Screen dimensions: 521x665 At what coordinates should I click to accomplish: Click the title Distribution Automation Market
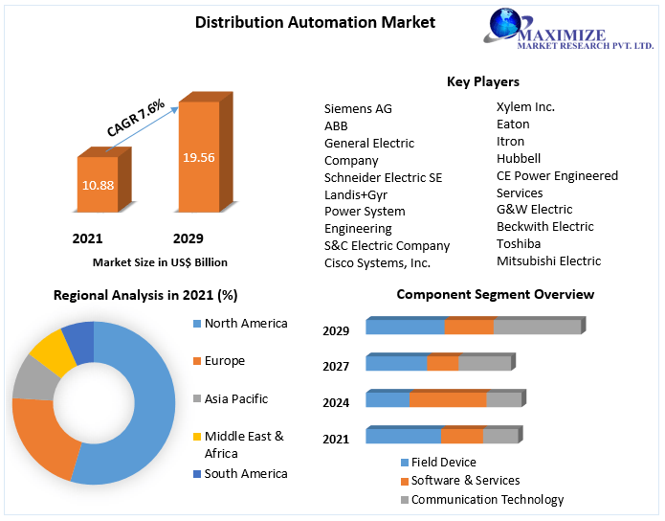click(301, 21)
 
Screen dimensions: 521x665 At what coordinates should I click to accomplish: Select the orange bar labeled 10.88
click(97, 184)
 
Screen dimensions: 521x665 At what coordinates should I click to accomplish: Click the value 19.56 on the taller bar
click(199, 157)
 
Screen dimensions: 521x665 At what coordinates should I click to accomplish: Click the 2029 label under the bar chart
click(188, 238)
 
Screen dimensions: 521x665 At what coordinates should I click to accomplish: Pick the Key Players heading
click(483, 81)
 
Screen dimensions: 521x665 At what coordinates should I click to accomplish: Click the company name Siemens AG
click(358, 109)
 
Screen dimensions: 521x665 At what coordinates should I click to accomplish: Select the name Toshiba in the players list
click(519, 243)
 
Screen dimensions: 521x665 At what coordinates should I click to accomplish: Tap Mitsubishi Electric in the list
click(548, 260)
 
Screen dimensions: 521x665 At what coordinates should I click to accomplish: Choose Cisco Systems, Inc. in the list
click(377, 262)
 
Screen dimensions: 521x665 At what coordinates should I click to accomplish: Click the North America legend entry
click(245, 324)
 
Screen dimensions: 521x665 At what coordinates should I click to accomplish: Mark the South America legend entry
click(245, 473)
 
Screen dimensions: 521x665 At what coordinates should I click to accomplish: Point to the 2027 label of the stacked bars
click(336, 366)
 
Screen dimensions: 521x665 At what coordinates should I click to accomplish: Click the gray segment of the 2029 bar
click(537, 327)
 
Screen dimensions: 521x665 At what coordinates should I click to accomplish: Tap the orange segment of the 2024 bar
click(447, 399)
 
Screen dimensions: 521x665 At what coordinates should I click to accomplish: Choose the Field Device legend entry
click(443, 462)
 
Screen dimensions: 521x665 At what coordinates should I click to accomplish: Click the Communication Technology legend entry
click(487, 499)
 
